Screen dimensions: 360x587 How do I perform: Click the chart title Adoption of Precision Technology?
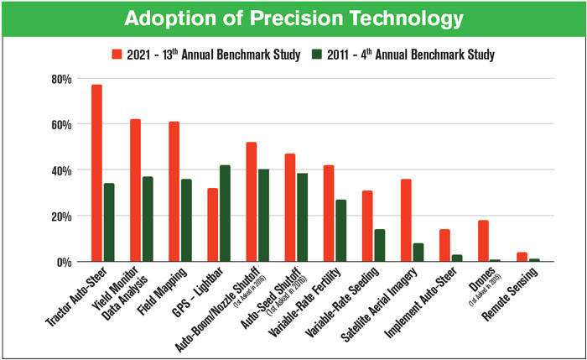[x=293, y=19]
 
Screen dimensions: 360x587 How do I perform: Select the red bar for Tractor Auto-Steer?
[x=96, y=173]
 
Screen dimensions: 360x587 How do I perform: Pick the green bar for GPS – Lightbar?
[x=225, y=213]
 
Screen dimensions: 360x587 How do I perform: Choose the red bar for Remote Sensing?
[x=521, y=257]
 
